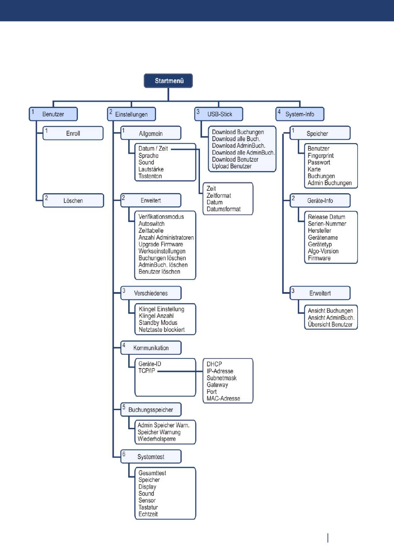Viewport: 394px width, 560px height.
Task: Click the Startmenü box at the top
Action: pyautogui.click(x=168, y=81)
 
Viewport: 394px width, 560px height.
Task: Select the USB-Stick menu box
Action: pyautogui.click(x=219, y=114)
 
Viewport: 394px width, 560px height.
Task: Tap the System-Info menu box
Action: pyautogui.click(x=300, y=114)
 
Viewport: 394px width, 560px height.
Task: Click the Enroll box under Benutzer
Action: pyautogui.click(x=73, y=133)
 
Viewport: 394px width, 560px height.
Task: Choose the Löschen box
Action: pyautogui.click(x=73, y=201)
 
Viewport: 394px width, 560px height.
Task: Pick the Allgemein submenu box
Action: pyautogui.click(x=151, y=133)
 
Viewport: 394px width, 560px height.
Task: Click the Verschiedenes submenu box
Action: pyautogui.click(x=151, y=293)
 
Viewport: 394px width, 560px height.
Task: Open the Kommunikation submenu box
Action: pyautogui.click(x=151, y=348)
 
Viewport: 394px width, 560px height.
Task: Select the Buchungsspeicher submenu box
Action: pyautogui.click(x=151, y=410)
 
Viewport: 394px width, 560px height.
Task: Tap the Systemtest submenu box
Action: pyautogui.click(x=151, y=457)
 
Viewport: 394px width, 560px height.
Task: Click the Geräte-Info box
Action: pyautogui.click(x=320, y=201)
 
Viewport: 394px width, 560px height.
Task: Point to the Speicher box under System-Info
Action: pyautogui.click(x=320, y=133)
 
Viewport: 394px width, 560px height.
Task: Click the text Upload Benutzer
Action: pyautogui.click(x=231, y=166)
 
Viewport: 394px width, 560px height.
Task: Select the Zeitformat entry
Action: pyautogui.click(x=219, y=196)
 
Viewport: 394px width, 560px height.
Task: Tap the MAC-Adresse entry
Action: pyautogui.click(x=223, y=398)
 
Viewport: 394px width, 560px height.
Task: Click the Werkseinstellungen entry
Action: pyautogui.click(x=162, y=251)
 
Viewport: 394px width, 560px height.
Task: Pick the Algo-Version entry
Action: pyautogui.click(x=323, y=251)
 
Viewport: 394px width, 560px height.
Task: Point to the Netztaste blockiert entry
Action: pyautogui.click(x=161, y=330)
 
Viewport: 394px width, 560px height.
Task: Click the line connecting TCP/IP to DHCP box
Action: pyautogui.click(x=180, y=371)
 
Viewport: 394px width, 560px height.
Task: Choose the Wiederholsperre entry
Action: pyautogui.click(x=156, y=439)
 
